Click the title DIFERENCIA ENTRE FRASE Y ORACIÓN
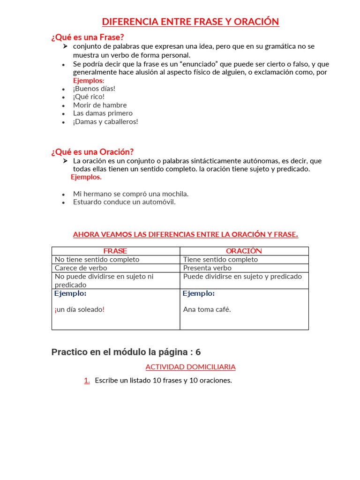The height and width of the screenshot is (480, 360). click(x=190, y=22)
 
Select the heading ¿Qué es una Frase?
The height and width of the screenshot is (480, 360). click(x=87, y=37)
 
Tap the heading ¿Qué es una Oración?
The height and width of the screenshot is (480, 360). click(x=92, y=151)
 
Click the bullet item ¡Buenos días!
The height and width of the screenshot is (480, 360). click(x=94, y=89)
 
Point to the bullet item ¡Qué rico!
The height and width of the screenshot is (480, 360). click(x=89, y=97)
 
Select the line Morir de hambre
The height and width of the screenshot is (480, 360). click(x=100, y=105)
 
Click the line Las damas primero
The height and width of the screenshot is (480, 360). click(x=103, y=113)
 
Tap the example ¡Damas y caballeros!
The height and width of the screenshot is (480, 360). click(x=105, y=121)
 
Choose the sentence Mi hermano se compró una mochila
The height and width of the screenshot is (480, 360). click(x=131, y=194)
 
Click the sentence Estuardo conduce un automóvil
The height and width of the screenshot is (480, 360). click(x=124, y=202)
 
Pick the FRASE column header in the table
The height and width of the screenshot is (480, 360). click(x=115, y=251)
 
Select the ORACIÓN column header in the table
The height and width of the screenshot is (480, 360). click(x=244, y=251)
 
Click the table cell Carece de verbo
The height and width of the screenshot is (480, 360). click(x=81, y=268)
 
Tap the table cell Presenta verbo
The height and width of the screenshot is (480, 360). click(x=207, y=268)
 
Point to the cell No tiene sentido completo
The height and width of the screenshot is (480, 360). click(x=97, y=259)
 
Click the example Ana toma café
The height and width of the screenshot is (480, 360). click(x=207, y=309)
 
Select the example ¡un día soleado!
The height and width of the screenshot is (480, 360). click(x=79, y=309)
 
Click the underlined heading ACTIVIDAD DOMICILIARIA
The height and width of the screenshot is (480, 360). click(x=190, y=367)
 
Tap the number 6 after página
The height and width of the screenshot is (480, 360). click(x=198, y=352)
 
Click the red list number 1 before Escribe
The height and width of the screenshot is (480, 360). click(x=87, y=381)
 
